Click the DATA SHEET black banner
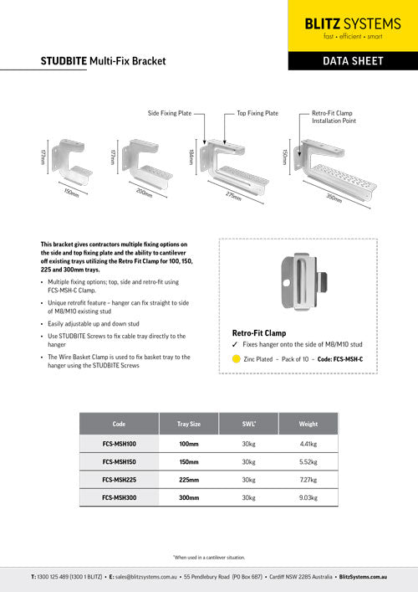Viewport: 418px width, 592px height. point(352,61)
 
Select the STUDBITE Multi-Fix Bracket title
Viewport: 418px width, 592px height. point(103,61)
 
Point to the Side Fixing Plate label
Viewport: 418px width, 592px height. point(171,112)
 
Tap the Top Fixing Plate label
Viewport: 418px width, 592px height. point(257,112)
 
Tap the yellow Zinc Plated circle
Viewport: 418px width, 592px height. point(237,358)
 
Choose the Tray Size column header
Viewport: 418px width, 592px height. point(189,424)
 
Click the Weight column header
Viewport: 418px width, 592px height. point(308,424)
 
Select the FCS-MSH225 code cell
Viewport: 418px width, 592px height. point(120,479)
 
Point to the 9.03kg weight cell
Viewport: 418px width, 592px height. point(308,497)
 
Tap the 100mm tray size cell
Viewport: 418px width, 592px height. point(189,444)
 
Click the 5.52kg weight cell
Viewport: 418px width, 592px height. point(308,461)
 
